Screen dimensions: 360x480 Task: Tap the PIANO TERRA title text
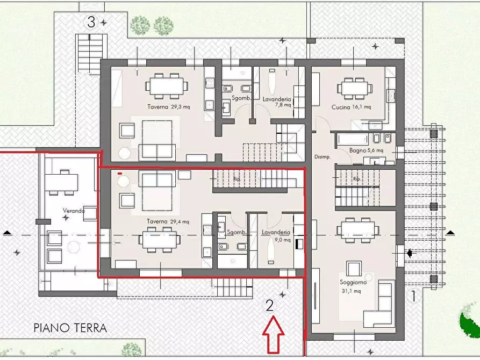pos(70,328)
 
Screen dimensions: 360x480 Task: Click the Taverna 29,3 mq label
pos(169,107)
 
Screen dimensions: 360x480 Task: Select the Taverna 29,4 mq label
pos(169,221)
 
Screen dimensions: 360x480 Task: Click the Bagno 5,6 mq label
pos(366,151)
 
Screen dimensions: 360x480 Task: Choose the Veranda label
pos(74,211)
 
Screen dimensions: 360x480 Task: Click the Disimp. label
pos(321,157)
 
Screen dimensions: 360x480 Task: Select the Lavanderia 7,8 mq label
pos(277,102)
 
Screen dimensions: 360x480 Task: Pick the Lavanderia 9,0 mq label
pos(276,236)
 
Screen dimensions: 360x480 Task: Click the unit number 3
pos(91,22)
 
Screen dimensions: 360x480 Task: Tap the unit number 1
pos(413,296)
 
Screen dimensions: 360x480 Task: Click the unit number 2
pos(270,305)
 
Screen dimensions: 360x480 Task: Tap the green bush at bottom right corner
pos(470,322)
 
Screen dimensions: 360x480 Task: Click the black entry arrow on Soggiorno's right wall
pos(410,253)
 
